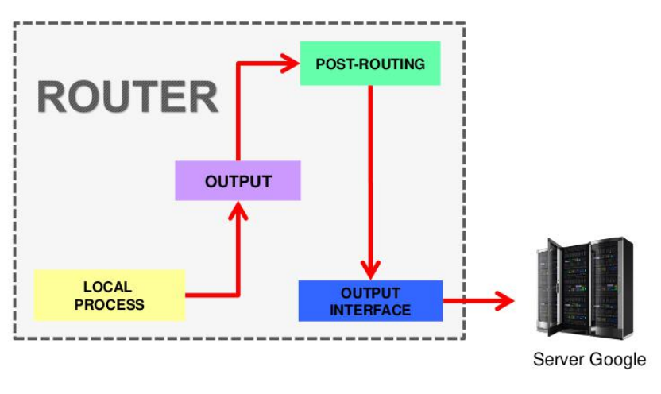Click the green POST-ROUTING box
pos(370,64)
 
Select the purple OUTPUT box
pos(238,180)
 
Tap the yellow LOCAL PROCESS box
pos(109,295)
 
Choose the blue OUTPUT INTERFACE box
pos(370,301)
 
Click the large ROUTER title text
pos(128,98)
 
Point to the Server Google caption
pos(589,360)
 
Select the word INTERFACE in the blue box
pos(370,310)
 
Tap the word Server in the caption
pos(555,360)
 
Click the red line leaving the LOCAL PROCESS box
pos(211,295)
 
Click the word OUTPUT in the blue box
pos(370,293)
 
